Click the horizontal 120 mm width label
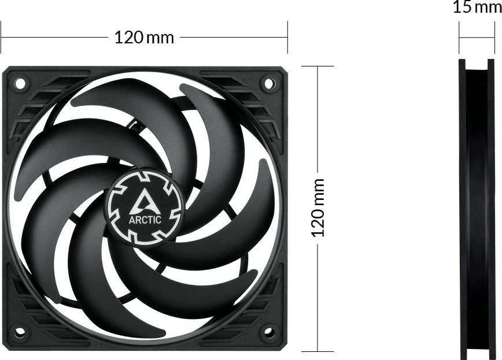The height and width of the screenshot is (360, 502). coord(144,38)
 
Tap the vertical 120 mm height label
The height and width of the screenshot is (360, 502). coord(318,207)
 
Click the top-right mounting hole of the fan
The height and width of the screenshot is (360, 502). coord(270,83)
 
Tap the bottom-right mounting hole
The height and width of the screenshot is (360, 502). coord(270,332)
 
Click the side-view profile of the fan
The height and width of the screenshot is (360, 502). coord(477,209)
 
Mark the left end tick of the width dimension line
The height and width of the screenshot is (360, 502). coord(1,38)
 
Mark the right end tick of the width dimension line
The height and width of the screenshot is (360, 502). coord(287,38)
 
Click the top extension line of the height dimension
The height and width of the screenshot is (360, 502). coord(318,66)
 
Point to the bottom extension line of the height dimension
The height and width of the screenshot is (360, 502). coord(318,351)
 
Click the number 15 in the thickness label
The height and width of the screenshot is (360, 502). coord(462,8)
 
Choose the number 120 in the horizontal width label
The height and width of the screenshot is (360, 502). coord(128,38)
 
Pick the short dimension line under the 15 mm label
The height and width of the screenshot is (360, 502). coord(477,38)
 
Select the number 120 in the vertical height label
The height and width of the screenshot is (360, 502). coord(318,223)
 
